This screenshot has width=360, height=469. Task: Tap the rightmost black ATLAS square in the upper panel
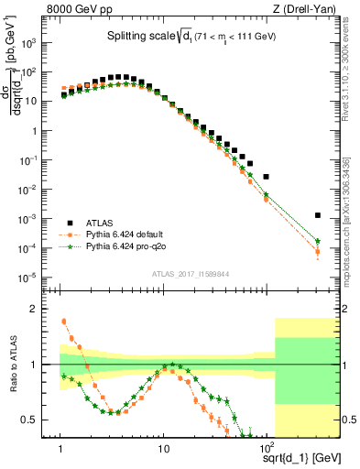[x=317, y=215]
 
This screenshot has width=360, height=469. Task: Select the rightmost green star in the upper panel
[x=317, y=241]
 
